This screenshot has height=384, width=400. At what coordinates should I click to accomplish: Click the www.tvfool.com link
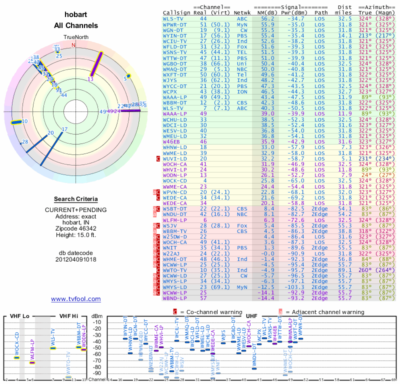[75, 299]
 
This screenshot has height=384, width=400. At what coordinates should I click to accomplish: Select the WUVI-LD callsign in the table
[174, 158]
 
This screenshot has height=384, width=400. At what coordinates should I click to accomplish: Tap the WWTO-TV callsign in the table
[174, 270]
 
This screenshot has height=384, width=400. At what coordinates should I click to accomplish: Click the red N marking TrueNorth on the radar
[73, 45]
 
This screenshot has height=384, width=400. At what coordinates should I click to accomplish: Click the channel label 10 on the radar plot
[24, 121]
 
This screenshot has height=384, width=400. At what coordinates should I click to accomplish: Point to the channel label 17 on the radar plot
[64, 129]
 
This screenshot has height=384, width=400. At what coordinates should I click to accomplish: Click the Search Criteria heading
[75, 199]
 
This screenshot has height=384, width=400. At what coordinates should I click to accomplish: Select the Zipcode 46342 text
[75, 227]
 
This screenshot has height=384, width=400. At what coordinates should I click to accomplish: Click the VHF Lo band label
[19, 316]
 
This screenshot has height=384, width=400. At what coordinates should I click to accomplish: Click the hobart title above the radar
[75, 15]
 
